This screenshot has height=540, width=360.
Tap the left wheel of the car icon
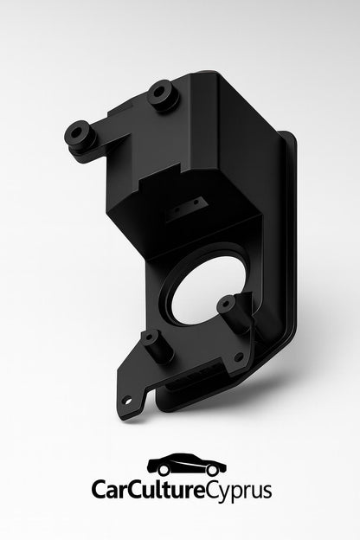[x=159, y=472]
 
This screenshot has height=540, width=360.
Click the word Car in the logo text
[x=112, y=491]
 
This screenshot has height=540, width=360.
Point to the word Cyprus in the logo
[x=239, y=492]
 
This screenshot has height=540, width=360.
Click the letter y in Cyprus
[x=226, y=494]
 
